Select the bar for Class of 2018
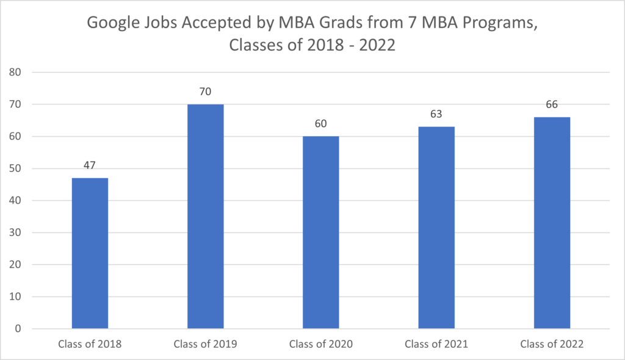point(90,253)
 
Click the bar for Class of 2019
point(205,217)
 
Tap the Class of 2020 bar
point(321,232)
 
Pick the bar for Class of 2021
point(436,228)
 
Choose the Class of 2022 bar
point(552,223)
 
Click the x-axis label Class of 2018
point(90,344)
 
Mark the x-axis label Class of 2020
point(321,344)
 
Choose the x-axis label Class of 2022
point(552,344)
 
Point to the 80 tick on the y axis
point(15,73)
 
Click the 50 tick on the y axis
point(15,169)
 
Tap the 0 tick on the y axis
point(18,329)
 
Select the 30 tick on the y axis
point(15,233)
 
